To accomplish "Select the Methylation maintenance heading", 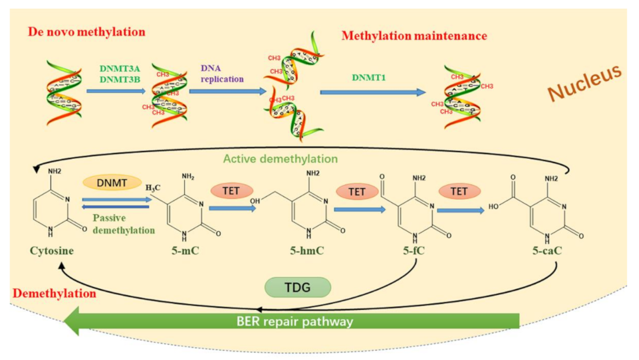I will click(414, 36).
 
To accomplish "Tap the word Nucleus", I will click(585, 83).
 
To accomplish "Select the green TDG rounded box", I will click(298, 287).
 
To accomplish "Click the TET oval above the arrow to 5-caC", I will click(459, 191).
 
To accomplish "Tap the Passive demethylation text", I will click(123, 225).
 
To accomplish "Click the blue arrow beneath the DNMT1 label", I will click(373, 92).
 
